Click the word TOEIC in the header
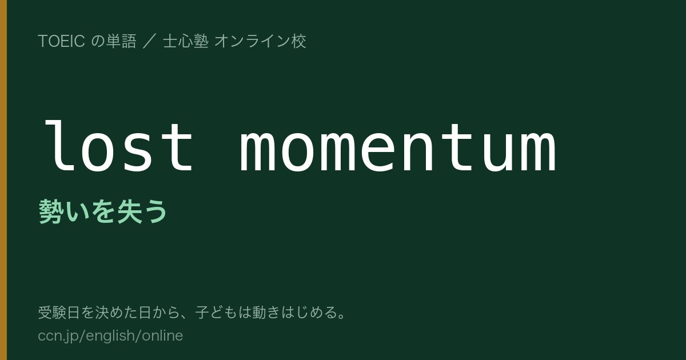click(61, 41)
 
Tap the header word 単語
click(121, 41)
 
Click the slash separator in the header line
click(149, 41)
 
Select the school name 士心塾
click(186, 41)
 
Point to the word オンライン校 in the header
click(260, 41)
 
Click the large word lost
click(119, 146)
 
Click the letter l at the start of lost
click(59, 146)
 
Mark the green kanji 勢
click(51, 211)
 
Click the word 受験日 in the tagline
click(59, 313)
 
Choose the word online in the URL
click(162, 335)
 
